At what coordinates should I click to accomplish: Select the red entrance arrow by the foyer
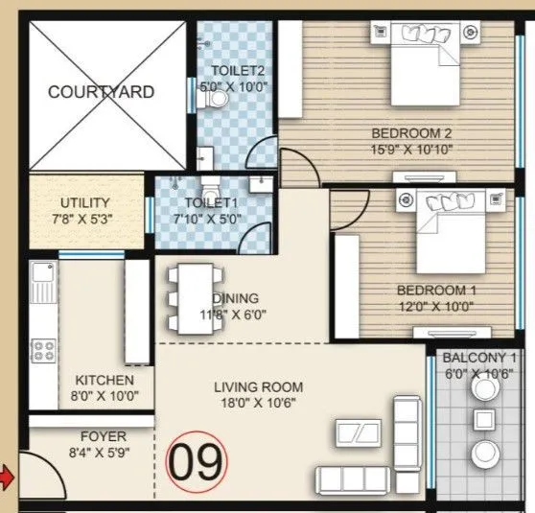click(x=8, y=476)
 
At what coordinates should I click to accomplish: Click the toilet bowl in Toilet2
click(x=217, y=97)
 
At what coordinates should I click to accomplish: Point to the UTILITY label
click(x=85, y=203)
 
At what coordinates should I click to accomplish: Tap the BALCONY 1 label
click(x=479, y=359)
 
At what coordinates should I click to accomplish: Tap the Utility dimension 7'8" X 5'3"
click(x=85, y=218)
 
